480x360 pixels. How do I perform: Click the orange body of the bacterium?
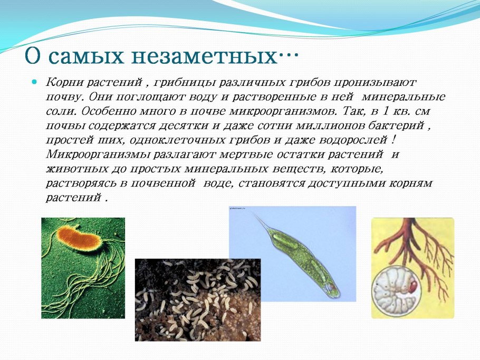point(78,238)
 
